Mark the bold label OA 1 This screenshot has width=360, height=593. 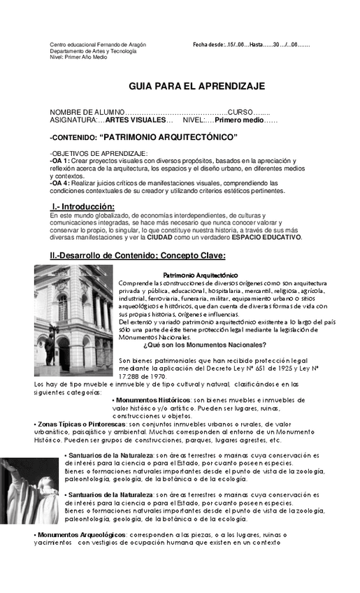pos(59,160)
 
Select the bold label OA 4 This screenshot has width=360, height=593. pos(59,183)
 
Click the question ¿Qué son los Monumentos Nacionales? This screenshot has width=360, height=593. pos(204,344)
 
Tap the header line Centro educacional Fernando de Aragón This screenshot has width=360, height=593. pos(98,45)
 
